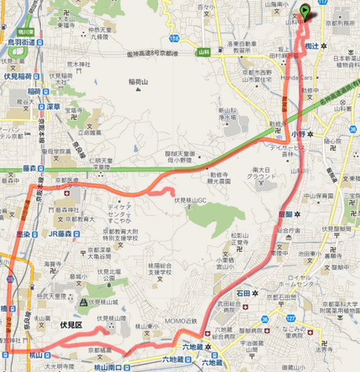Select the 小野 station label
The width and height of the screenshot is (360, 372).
point(298,133)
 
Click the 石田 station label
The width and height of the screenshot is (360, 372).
point(241,293)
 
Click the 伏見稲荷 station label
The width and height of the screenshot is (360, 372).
point(16,76)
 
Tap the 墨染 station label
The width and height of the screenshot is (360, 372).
point(22,232)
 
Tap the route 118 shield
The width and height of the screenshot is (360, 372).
point(173,37)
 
